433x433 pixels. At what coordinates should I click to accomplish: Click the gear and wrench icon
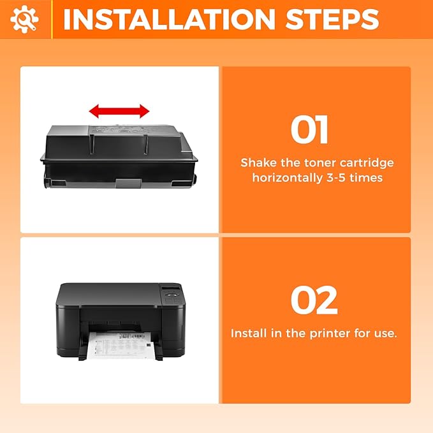pyautogui.click(x=25, y=20)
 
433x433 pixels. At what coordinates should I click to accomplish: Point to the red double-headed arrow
pyautogui.click(x=119, y=112)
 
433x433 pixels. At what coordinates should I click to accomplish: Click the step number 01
pyautogui.click(x=309, y=130)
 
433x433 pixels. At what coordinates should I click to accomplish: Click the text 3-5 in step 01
pyautogui.click(x=343, y=178)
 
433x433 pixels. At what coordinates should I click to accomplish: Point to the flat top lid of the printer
pyautogui.click(x=108, y=294)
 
